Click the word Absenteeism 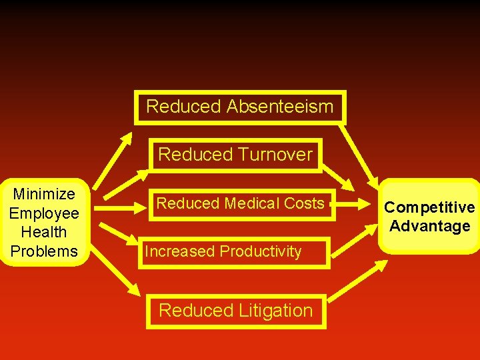click(x=280, y=106)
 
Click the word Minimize click(x=44, y=194)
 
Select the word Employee click(x=44, y=213)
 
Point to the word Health click(x=44, y=232)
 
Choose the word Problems click(x=44, y=251)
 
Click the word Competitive click(x=429, y=207)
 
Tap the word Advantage click(x=429, y=226)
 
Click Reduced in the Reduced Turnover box click(x=190, y=155)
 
